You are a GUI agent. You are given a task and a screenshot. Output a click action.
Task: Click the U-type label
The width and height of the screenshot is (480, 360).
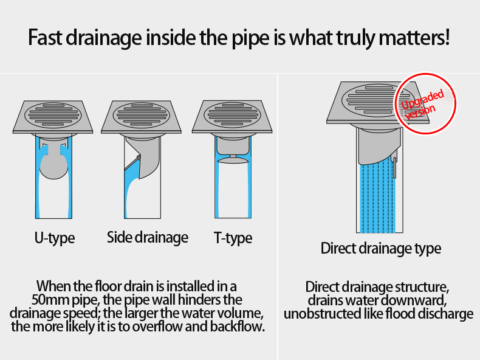[54, 238]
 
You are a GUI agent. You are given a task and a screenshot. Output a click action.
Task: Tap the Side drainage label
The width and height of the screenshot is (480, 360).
[148, 237]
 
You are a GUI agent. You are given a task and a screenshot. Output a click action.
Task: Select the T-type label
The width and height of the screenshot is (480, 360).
[233, 238]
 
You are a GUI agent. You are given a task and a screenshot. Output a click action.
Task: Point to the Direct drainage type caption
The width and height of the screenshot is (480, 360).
[381, 248]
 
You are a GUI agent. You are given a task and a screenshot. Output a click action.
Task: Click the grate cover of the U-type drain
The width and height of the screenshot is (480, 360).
[53, 113]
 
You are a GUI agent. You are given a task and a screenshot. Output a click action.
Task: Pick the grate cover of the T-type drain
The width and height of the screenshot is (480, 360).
[233, 113]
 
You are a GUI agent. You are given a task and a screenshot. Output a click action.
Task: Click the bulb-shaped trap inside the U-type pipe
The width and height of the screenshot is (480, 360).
[53, 163]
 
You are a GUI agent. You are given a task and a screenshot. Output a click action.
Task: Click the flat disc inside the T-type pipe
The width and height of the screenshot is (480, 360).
[233, 159]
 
